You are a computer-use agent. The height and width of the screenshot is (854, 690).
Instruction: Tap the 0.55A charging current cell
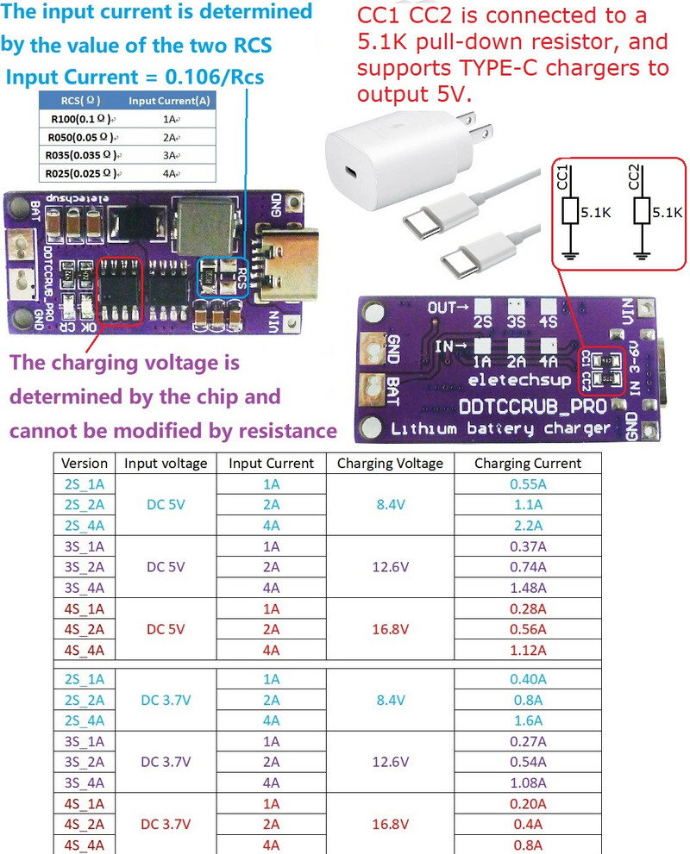pyautogui.click(x=527, y=484)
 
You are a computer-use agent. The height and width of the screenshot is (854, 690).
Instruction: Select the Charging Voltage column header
pyautogui.click(x=390, y=463)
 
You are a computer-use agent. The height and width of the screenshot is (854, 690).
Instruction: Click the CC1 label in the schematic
pyautogui.click(x=563, y=178)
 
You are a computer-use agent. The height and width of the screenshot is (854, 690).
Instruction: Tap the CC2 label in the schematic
pyautogui.click(x=635, y=178)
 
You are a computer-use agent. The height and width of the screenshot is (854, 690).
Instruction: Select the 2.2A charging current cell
pyautogui.click(x=527, y=526)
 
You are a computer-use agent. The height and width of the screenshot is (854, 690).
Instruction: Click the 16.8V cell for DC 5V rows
pyautogui.click(x=390, y=629)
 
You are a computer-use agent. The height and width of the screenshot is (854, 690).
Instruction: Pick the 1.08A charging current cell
pyautogui.click(x=527, y=782)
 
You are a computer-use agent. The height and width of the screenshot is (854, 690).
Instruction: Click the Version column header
pyautogui.click(x=85, y=463)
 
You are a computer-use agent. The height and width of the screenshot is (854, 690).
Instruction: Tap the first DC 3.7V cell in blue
pyautogui.click(x=166, y=700)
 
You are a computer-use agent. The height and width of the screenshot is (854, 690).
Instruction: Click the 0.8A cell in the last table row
pyautogui.click(x=527, y=845)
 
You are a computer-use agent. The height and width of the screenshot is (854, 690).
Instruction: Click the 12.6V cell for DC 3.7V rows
pyautogui.click(x=390, y=762)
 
